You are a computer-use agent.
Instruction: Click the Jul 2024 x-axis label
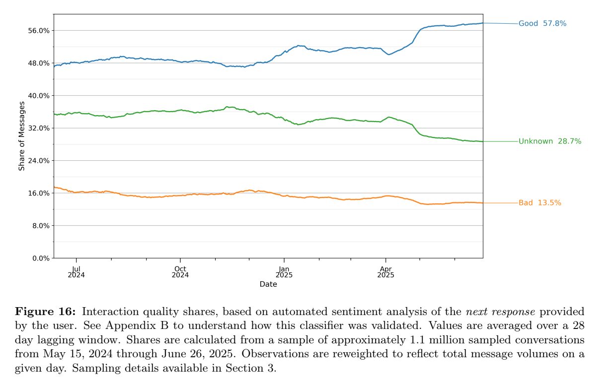tap(76, 272)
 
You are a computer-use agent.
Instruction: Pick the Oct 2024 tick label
tap(180, 272)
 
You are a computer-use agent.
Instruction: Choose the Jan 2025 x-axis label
tap(284, 272)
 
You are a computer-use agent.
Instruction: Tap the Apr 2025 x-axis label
tap(385, 272)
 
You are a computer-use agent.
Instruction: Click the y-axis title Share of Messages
tap(22, 136)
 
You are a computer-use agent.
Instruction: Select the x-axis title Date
tap(268, 284)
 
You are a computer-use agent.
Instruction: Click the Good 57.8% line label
tap(542, 23)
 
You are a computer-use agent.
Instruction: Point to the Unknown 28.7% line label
tap(549, 141)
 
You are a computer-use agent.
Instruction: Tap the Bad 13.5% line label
tap(539, 203)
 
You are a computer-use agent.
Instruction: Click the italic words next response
tap(495, 312)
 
